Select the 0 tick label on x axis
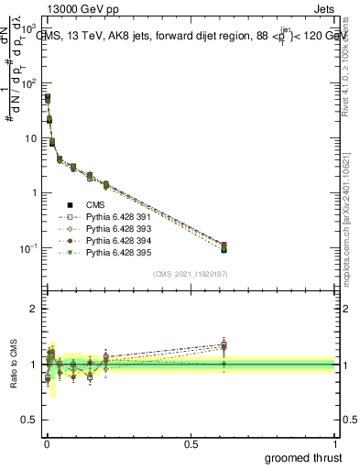(x=46, y=443)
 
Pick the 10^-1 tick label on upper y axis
(x=28, y=248)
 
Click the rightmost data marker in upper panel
(x=224, y=247)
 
